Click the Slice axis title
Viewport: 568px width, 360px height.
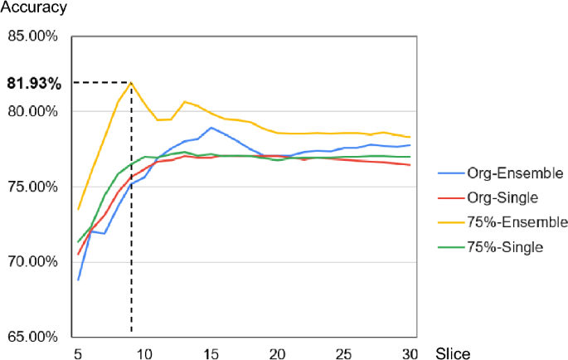(453, 353)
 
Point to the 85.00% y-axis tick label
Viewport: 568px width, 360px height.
(33, 37)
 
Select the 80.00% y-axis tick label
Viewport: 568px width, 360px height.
(33, 112)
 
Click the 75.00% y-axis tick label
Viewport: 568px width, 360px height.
(33, 187)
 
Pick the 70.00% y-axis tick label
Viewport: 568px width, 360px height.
(33, 262)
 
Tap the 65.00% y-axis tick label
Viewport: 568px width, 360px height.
(33, 337)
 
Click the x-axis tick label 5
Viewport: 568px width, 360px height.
(78, 353)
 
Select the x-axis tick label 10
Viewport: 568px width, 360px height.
(144, 353)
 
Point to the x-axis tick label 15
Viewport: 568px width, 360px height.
(211, 353)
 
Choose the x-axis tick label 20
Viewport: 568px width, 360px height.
(278, 353)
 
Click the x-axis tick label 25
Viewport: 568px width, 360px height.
(344, 353)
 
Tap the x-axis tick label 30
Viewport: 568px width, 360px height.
(410, 353)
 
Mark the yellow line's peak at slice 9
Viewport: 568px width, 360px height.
(131, 82)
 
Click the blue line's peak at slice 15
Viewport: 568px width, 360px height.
(211, 128)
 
